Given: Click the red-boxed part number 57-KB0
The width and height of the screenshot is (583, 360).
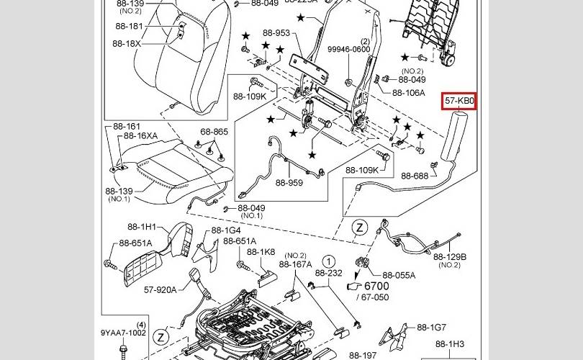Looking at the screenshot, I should pyautogui.click(x=459, y=102).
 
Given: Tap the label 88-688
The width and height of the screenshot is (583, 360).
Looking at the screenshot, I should pyautogui.click(x=415, y=176).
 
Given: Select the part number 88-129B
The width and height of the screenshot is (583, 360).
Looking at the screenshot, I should pyautogui.click(x=450, y=256).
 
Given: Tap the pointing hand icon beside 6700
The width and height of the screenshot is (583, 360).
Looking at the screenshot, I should pyautogui.click(x=353, y=287).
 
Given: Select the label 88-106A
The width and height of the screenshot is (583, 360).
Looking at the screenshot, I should pyautogui.click(x=408, y=93).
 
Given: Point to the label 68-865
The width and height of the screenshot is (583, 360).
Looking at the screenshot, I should pyautogui.click(x=214, y=132).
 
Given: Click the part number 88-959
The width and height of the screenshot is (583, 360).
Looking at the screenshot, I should pyautogui.click(x=289, y=183).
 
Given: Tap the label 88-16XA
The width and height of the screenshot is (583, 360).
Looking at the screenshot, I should pyautogui.click(x=140, y=135).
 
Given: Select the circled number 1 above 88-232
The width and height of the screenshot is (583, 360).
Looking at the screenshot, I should pyautogui.click(x=328, y=261).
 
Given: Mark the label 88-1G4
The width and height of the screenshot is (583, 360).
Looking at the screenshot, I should pyautogui.click(x=226, y=230).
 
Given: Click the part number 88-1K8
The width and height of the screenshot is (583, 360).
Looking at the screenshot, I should pyautogui.click(x=261, y=252).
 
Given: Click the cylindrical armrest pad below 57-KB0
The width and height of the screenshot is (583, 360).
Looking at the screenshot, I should pyautogui.click(x=457, y=140).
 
